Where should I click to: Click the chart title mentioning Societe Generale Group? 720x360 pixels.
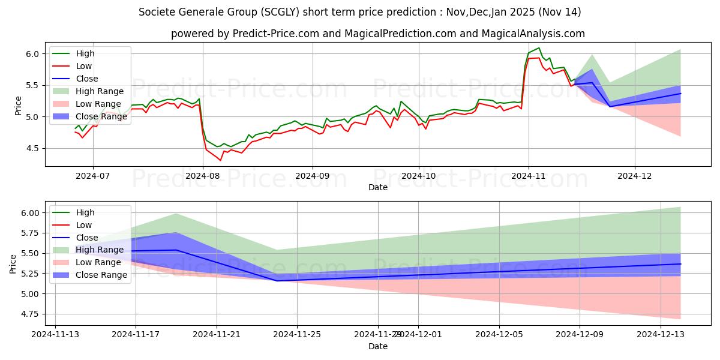[359, 12]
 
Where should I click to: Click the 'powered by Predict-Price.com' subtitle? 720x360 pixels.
[377, 34]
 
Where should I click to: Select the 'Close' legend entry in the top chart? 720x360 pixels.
[87, 79]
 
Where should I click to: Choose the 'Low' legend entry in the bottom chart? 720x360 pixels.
[85, 225]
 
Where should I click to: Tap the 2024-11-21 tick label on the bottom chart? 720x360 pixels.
[217, 335]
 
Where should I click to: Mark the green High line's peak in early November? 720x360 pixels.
[539, 48]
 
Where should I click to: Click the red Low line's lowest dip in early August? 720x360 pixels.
[220, 160]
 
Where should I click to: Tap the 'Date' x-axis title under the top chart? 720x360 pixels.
[378, 187]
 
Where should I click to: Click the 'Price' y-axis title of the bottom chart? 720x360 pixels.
[13, 263]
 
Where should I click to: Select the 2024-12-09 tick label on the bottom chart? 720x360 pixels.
[580, 335]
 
